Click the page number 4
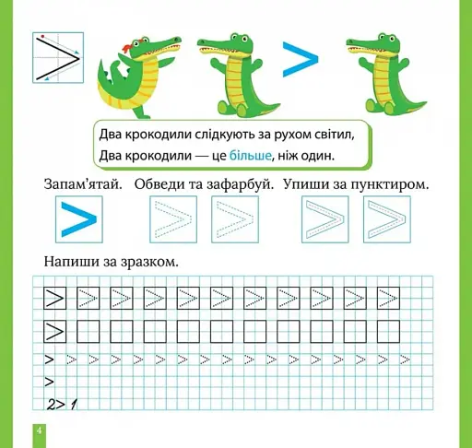tap(39, 431)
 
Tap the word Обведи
tap(160, 185)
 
